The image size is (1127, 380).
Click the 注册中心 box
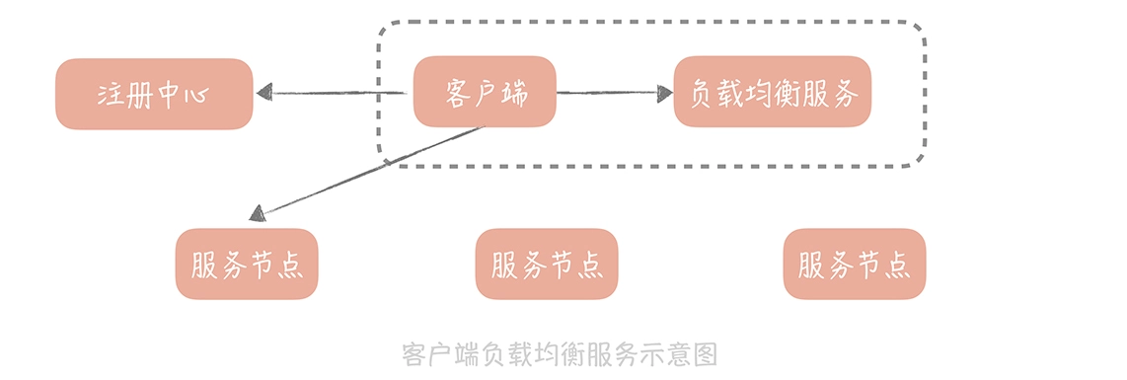click(x=154, y=94)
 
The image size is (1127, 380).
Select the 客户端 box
click(x=484, y=92)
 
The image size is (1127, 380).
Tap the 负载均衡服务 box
click(x=773, y=92)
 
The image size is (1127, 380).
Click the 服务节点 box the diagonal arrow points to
click(x=247, y=264)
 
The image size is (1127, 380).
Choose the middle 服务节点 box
click(x=546, y=264)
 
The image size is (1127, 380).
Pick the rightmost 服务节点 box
click(x=855, y=264)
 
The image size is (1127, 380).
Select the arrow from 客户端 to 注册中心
click(x=336, y=94)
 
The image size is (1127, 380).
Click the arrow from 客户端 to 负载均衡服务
click(x=607, y=93)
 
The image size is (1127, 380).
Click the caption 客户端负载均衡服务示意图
click(x=560, y=354)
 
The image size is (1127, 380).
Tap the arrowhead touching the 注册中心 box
click(x=263, y=93)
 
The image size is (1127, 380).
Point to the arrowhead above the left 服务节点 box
click(x=258, y=212)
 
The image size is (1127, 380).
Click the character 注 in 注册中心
click(x=111, y=95)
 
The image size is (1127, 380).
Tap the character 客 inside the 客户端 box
click(x=456, y=93)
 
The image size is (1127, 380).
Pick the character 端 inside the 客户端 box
click(x=513, y=93)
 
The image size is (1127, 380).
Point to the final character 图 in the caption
click(x=705, y=354)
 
